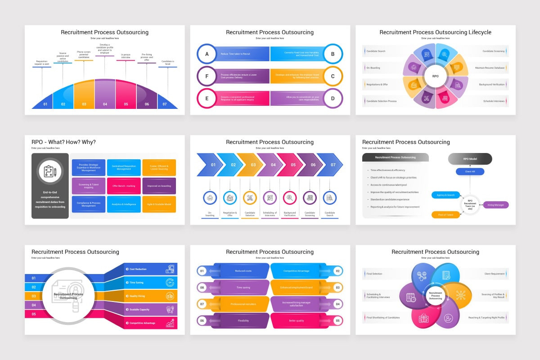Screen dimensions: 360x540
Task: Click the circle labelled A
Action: pyautogui.click(x=207, y=54)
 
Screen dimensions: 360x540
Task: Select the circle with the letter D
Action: pyautogui.click(x=333, y=98)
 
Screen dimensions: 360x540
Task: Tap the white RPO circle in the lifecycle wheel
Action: pyautogui.click(x=436, y=76)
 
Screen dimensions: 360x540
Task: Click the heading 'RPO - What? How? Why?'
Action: pyautogui.click(x=63, y=142)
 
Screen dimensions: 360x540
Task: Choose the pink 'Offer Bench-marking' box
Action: pyautogui.click(x=124, y=186)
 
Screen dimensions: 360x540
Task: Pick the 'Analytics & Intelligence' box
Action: pyautogui.click(x=124, y=204)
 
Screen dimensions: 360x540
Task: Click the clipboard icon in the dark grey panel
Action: pyautogui.click(x=50, y=171)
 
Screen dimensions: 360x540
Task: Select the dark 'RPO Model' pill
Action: pyautogui.click(x=470, y=159)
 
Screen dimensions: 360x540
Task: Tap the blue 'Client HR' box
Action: pyautogui.click(x=470, y=171)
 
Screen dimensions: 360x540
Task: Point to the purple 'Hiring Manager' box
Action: pyautogui.click(x=495, y=205)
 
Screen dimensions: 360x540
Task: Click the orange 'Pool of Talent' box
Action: pyautogui.click(x=446, y=215)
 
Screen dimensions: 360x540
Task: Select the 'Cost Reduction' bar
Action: pyautogui.click(x=151, y=269)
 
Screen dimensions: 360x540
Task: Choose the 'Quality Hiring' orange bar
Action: pyautogui.click(x=151, y=296)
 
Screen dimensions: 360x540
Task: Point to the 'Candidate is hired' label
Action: pyautogui.click(x=167, y=63)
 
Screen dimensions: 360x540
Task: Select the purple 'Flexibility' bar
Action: pyautogui.click(x=243, y=320)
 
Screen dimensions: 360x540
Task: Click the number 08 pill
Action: pyautogui.click(x=202, y=287)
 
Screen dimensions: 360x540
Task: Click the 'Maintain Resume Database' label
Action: pyautogui.click(x=490, y=68)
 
